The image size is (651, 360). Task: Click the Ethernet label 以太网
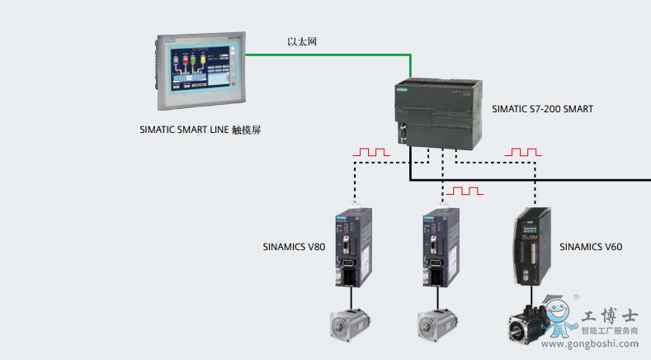(302, 42)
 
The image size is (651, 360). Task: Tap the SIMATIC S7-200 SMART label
(542, 108)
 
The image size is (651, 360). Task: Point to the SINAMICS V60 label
(591, 246)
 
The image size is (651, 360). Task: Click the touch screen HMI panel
(199, 72)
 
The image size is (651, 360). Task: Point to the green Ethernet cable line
(330, 54)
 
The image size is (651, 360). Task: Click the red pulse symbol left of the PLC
(370, 153)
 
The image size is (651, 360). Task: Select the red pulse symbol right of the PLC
(523, 153)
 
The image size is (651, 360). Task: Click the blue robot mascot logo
(559, 318)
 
